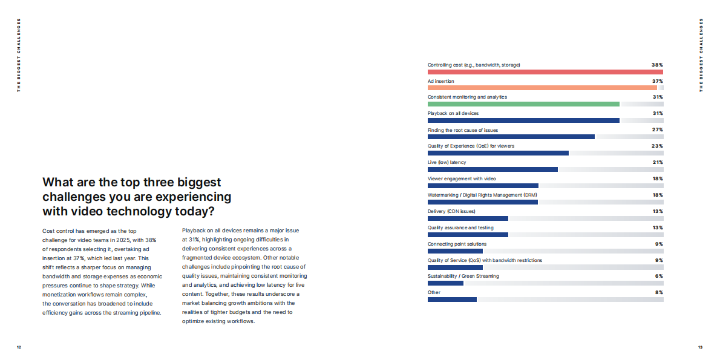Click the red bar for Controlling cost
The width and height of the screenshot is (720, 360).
pos(545,71)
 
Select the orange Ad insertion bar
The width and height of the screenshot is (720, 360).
pos(542,88)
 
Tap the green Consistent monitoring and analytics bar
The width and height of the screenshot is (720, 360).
pos(523,104)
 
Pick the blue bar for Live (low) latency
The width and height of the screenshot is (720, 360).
pos(493,169)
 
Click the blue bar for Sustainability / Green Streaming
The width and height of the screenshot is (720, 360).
pos(445,283)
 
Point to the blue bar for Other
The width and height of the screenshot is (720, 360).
pos(452,299)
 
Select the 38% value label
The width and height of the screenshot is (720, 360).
pos(657,65)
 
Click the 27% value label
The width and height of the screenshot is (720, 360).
pos(658,130)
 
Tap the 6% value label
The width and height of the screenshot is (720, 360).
pos(659,276)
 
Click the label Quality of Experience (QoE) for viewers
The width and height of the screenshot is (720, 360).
pos(471,146)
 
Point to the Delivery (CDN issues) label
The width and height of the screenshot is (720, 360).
pos(451,211)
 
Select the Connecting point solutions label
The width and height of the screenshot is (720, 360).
pos(457,244)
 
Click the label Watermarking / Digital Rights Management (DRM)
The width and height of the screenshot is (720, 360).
pos(482,195)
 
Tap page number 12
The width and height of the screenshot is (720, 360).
pos(19,347)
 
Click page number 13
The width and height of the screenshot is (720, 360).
pos(700,347)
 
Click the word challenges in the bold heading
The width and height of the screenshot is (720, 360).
pos(73,197)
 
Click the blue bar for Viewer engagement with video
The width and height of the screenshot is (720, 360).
pos(483,186)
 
